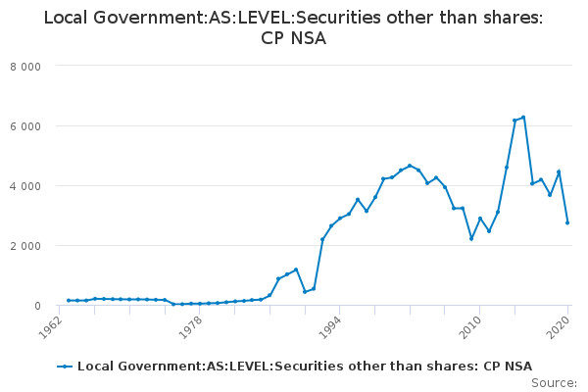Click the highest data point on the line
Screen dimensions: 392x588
tap(523, 118)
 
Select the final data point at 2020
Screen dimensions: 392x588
tap(567, 222)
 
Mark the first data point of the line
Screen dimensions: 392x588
tap(68, 301)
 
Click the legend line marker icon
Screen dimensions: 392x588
tap(66, 367)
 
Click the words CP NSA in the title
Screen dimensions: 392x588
tap(294, 39)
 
